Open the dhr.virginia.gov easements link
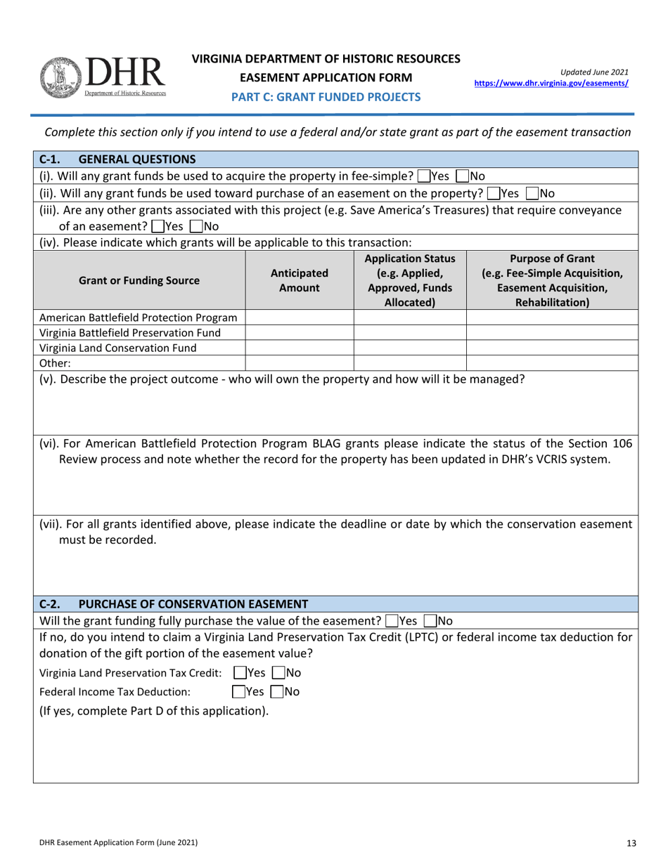click(x=552, y=82)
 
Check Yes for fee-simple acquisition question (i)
click(x=423, y=176)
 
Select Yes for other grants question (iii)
click(x=156, y=226)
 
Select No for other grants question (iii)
click(x=195, y=226)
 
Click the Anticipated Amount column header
click(x=299, y=280)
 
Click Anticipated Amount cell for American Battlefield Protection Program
click(x=299, y=318)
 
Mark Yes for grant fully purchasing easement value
click(x=392, y=621)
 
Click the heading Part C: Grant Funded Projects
click(x=327, y=97)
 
